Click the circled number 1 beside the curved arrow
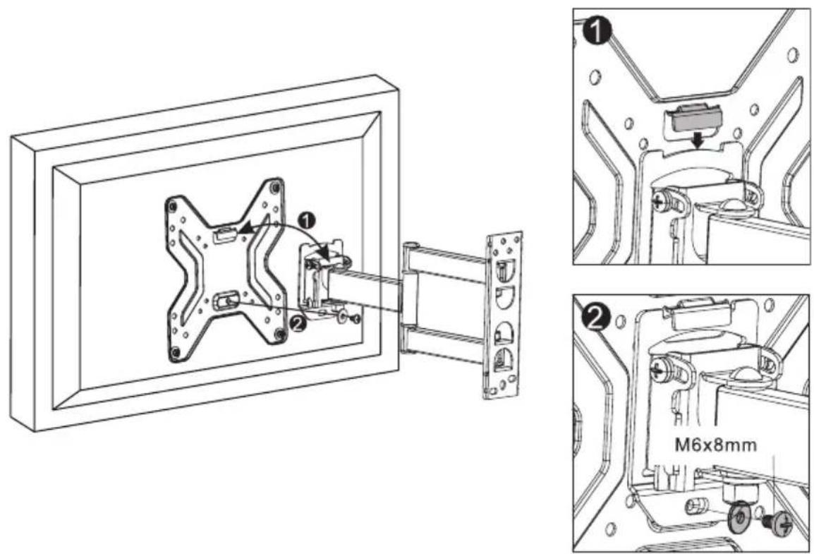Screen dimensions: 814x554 [x=308, y=221]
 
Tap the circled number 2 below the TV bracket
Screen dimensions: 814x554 [x=298, y=323]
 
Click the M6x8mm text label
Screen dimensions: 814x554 [x=715, y=445]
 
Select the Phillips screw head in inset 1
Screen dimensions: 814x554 [x=661, y=200]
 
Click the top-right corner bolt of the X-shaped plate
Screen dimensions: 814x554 [x=275, y=185]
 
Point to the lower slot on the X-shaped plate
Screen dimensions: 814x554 [x=226, y=301]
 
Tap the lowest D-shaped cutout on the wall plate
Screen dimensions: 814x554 [x=502, y=360]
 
